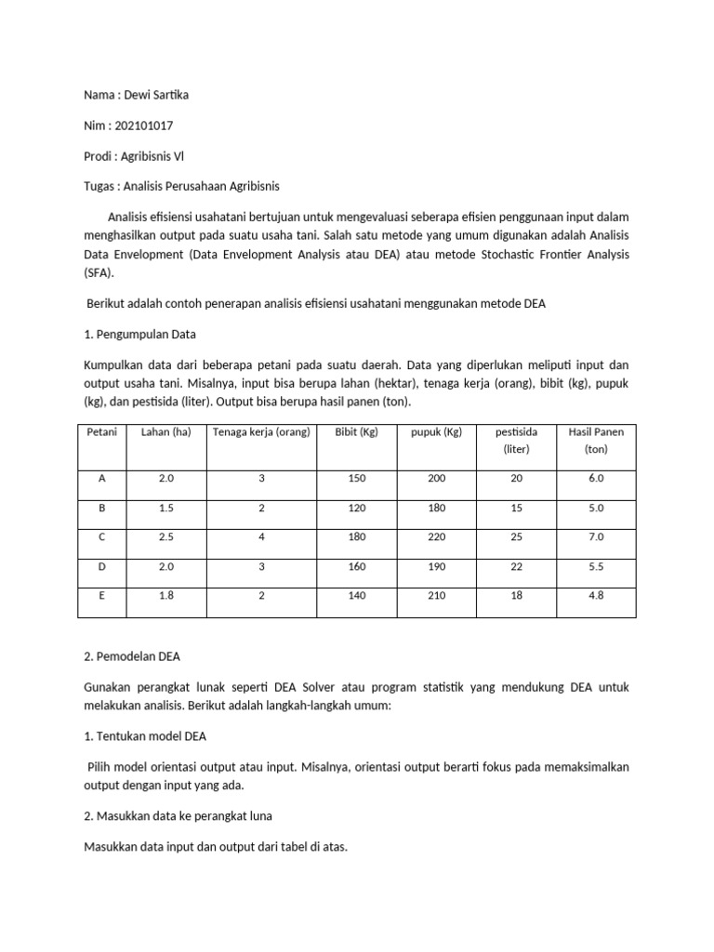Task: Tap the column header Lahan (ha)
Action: pyautogui.click(x=165, y=431)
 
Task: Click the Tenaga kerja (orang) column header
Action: pyautogui.click(x=261, y=431)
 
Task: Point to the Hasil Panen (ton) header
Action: pyautogui.click(x=595, y=440)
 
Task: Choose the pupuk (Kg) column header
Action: pyautogui.click(x=436, y=431)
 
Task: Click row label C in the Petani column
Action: pyautogui.click(x=102, y=536)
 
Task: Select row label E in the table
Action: pyautogui.click(x=102, y=595)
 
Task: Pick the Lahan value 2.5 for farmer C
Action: pyautogui.click(x=165, y=536)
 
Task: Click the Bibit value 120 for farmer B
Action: pyautogui.click(x=357, y=508)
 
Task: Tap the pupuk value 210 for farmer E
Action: pyautogui.click(x=436, y=595)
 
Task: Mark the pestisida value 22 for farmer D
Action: pyautogui.click(x=516, y=566)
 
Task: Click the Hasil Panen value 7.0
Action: pyautogui.click(x=595, y=536)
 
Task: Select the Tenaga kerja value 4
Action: pyautogui.click(x=261, y=536)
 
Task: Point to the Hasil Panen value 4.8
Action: pyautogui.click(x=595, y=595)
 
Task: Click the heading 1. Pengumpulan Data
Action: pyautogui.click(x=139, y=333)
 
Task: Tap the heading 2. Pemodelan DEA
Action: pyautogui.click(x=132, y=655)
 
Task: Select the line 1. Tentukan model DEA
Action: pyautogui.click(x=145, y=735)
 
